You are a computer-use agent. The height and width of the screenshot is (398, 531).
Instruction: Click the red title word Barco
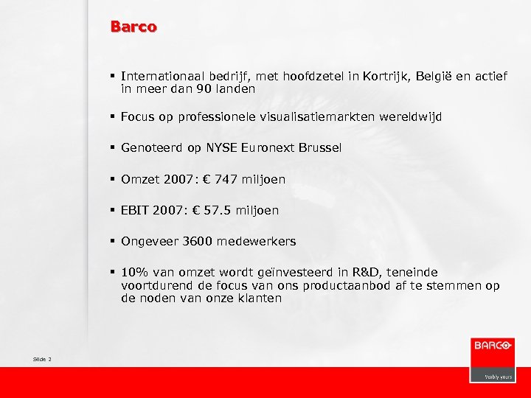click(133, 27)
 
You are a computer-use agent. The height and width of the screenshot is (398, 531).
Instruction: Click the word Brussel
click(321, 147)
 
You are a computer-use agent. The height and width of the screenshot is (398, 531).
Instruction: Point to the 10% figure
click(133, 272)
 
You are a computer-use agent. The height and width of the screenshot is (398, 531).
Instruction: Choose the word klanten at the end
click(259, 298)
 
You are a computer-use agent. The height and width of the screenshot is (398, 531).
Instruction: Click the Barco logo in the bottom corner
click(492, 359)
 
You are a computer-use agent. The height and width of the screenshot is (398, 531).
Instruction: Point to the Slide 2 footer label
click(42, 359)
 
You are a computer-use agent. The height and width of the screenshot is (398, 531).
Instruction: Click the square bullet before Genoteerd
click(112, 147)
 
